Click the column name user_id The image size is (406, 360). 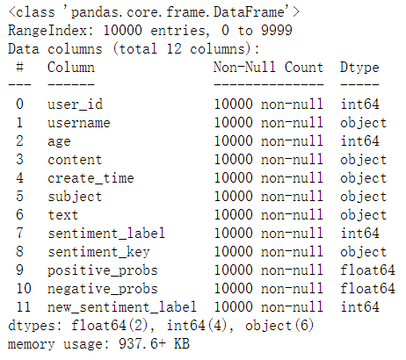(76, 104)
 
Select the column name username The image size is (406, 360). (79, 123)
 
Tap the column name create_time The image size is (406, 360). (91, 178)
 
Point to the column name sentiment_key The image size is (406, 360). (98, 252)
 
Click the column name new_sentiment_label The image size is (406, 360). (122, 307)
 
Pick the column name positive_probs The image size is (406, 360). (103, 270)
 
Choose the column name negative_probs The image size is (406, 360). (103, 289)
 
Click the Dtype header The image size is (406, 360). (359, 68)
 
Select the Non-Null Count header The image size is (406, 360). (268, 68)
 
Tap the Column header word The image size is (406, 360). (71, 68)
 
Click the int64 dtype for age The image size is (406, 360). (359, 141)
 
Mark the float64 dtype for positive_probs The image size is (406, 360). (367, 270)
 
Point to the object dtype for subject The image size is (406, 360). (364, 197)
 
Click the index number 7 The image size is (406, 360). (19, 234)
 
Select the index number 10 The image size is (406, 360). (24, 289)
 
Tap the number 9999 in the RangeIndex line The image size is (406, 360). (277, 31)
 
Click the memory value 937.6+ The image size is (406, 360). (142, 344)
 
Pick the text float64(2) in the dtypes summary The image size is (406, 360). (110, 326)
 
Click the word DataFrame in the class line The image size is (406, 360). (249, 12)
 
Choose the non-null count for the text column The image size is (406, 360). (268, 215)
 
